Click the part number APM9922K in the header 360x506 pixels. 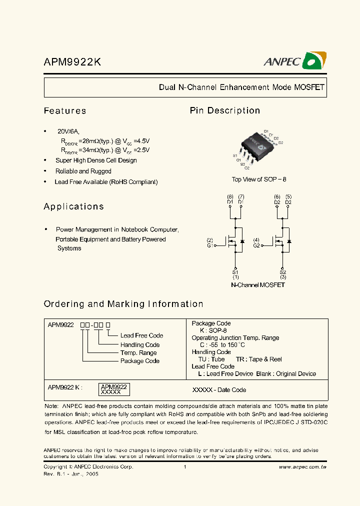[x=73, y=62]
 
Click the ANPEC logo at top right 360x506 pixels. [x=295, y=60]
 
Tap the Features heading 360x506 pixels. [x=65, y=110]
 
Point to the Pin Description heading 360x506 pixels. [x=225, y=110]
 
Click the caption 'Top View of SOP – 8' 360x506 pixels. [x=259, y=179]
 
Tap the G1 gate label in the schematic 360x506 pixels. [x=210, y=245]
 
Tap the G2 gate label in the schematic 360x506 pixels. [x=256, y=245]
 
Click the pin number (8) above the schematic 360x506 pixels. [x=230, y=197]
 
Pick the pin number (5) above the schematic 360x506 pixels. [x=288, y=197]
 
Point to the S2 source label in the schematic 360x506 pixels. [x=283, y=272]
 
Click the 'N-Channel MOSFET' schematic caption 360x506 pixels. [x=258, y=285]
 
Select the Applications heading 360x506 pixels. [x=74, y=206]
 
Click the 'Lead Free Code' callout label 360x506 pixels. [x=141, y=335]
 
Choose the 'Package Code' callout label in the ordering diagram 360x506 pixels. [x=140, y=361]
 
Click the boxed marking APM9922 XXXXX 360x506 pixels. [x=114, y=390]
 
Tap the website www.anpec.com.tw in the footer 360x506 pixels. [x=302, y=467]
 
